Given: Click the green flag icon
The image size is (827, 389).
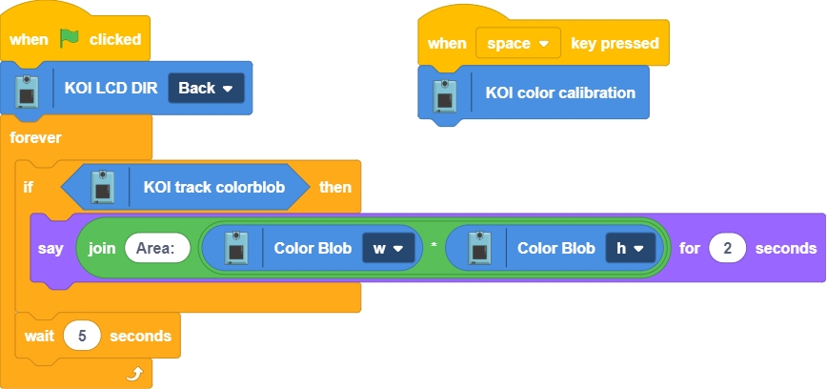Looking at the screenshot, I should point(69,39).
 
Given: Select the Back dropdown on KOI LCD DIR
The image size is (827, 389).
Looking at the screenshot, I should point(206,88).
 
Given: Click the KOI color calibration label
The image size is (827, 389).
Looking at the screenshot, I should point(560,92).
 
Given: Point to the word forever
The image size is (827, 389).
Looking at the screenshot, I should point(35,137).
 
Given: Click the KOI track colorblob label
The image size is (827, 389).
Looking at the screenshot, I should point(214,187).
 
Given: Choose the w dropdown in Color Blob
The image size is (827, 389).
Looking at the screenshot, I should point(387,248).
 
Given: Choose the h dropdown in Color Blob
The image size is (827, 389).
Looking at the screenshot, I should point(630,248).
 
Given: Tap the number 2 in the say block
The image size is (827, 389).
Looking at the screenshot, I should point(728,248).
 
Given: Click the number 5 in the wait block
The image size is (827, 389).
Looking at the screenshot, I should point(82,336).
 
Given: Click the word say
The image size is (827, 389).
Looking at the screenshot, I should point(50,248).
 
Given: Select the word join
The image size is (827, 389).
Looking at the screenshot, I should point(102,248).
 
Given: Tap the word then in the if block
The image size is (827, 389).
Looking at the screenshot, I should point(334,187).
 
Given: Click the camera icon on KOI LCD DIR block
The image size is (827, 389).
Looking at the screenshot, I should point(28,88).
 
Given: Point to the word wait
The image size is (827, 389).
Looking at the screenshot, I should point(39,336).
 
